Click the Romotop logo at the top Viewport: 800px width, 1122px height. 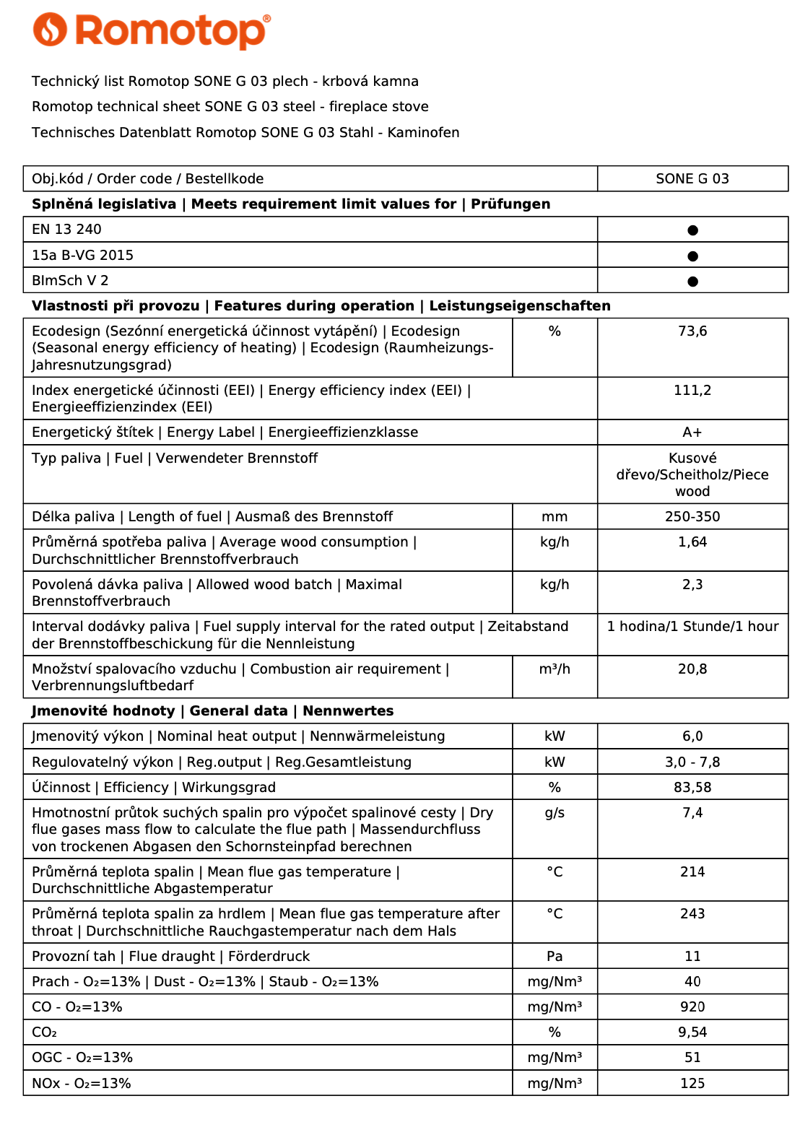point(152,30)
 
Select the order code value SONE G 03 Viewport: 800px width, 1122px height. point(692,178)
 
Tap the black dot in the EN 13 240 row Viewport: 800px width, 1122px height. point(692,230)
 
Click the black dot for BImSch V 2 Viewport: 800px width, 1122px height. point(692,282)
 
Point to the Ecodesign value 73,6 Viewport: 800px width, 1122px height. point(692,331)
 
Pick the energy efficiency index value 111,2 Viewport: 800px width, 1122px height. point(692,391)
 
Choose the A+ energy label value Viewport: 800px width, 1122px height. point(692,432)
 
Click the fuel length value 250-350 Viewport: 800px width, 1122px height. point(692,517)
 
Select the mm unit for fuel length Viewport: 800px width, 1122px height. point(555,517)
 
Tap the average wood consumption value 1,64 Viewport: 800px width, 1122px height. point(692,542)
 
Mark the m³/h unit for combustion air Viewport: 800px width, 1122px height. point(555,669)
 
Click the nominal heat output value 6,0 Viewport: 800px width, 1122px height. point(692,736)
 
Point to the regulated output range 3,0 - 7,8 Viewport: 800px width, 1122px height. point(692,762)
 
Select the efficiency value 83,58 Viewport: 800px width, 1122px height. point(692,788)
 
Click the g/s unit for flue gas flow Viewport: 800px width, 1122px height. point(555,813)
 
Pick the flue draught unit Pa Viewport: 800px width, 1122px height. point(555,957)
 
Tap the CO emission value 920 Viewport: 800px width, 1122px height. point(692,1007)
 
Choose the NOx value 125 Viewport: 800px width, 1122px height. point(692,1084)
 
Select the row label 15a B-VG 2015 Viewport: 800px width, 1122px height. point(82,256)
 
